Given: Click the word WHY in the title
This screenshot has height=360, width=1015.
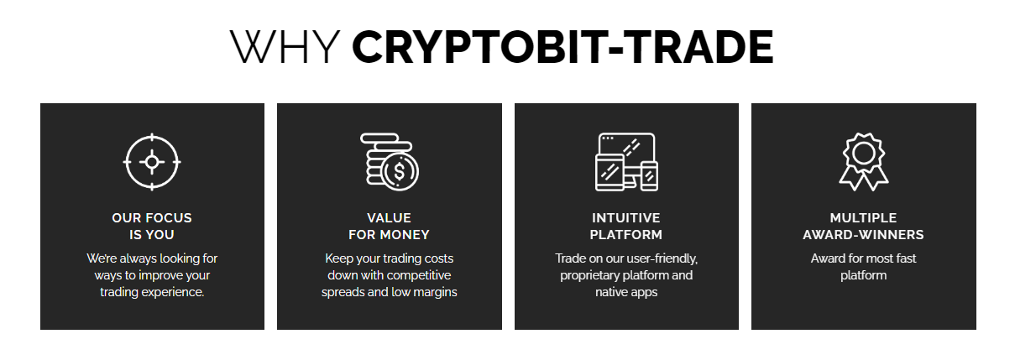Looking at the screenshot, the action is pos(285,46).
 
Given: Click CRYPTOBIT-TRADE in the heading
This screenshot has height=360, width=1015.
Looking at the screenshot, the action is pos(562,46).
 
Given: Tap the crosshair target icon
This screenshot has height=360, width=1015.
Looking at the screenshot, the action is pos(152,162).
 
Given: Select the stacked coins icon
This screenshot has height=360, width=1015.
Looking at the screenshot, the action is pos(390,162).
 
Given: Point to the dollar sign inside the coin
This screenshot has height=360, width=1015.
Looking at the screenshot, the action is pos(400,171).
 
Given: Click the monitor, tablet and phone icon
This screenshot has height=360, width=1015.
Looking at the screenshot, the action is pos(626,162).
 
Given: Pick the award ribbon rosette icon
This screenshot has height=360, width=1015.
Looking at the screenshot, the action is pos(864,162).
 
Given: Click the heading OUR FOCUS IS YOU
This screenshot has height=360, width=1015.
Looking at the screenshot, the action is pos(152,226).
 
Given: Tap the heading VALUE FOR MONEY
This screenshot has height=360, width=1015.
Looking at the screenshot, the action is pos(390,226).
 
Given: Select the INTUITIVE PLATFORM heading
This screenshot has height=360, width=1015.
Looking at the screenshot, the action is pos(626,226).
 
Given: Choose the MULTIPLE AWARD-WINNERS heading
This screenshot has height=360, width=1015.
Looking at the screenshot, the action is pos(863,226).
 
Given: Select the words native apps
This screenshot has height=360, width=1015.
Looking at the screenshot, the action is pos(626,293).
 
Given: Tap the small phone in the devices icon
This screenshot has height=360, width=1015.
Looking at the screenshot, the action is pos(649,175).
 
